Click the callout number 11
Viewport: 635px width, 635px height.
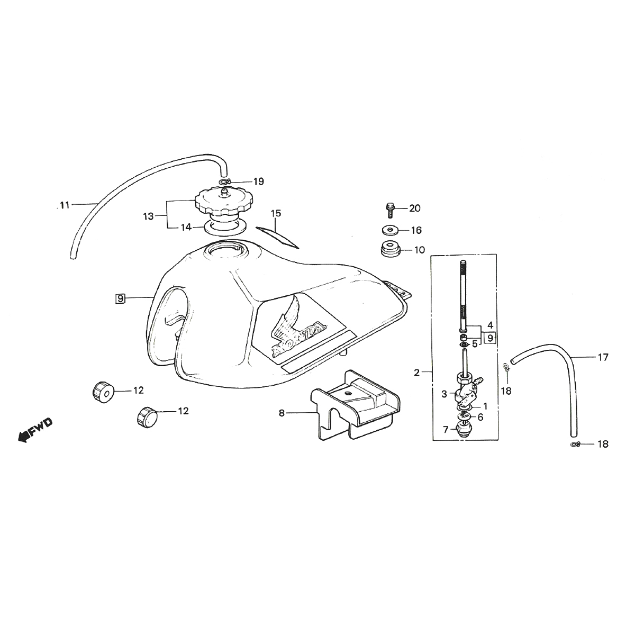(65, 205)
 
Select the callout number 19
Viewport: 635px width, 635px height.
(258, 182)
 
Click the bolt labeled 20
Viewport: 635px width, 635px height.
(391, 208)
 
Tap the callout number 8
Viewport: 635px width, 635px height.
(282, 413)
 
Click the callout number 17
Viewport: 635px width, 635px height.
(603, 358)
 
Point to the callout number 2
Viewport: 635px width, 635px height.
(417, 373)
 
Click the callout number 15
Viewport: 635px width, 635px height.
(276, 214)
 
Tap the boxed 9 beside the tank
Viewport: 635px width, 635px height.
(121, 298)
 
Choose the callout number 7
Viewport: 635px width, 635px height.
(445, 428)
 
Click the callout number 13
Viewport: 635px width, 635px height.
(148, 216)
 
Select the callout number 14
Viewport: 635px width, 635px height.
(185, 228)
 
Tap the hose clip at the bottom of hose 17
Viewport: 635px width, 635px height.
(575, 444)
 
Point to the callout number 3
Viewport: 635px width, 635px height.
(445, 394)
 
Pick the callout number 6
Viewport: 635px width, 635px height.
(480, 417)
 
